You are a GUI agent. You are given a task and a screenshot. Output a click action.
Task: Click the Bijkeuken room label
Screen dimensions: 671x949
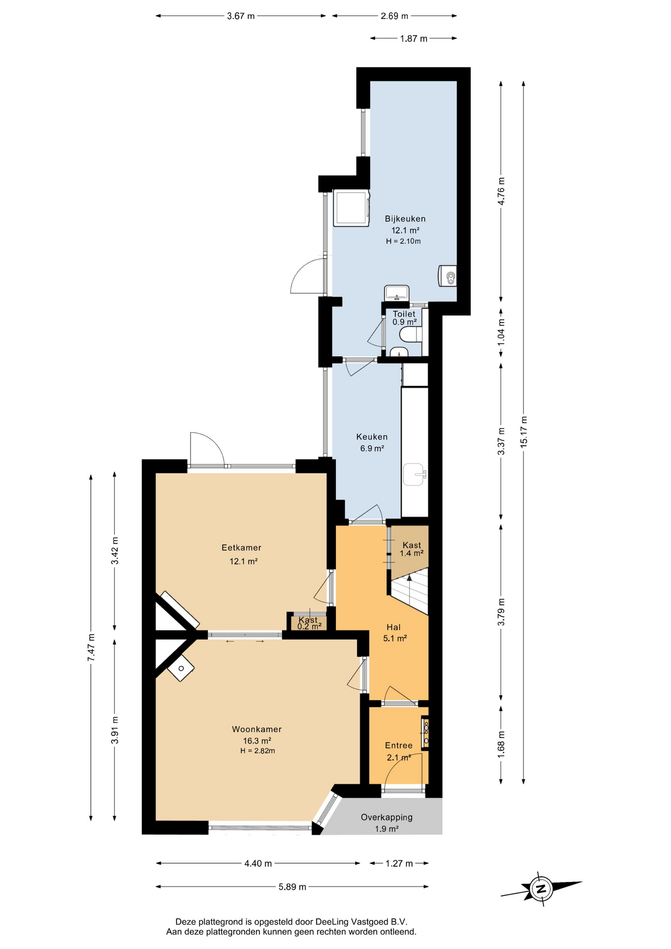[405, 218]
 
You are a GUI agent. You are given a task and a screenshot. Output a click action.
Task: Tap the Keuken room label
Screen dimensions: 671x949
[372, 437]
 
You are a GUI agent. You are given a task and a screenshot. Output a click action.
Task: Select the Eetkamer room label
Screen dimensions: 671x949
[241, 548]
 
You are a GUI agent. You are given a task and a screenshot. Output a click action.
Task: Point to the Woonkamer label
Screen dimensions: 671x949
[257, 729]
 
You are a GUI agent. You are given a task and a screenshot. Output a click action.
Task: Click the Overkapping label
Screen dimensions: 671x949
[386, 817]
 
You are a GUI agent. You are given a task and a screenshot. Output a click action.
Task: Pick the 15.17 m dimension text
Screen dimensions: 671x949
[524, 432]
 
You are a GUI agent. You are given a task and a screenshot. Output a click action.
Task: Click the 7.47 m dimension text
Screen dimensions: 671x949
[91, 647]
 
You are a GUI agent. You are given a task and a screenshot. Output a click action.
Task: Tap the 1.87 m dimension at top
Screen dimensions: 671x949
[414, 39]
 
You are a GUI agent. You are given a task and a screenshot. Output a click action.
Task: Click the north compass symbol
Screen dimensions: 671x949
[541, 888]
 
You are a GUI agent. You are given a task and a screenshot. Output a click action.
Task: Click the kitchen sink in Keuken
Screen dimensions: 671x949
[414, 475]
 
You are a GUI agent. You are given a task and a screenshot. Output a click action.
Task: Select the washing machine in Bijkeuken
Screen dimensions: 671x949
[351, 208]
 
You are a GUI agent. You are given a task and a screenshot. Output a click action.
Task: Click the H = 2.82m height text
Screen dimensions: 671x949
[257, 751]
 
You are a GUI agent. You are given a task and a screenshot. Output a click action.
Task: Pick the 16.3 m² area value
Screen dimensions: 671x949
[257, 741]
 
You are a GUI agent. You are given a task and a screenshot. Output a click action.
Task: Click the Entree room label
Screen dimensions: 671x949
[399, 745]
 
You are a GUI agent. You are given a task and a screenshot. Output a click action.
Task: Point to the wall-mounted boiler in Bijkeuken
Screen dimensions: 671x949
[447, 276]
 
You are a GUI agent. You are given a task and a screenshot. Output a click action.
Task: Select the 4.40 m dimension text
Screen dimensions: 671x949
[258, 863]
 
